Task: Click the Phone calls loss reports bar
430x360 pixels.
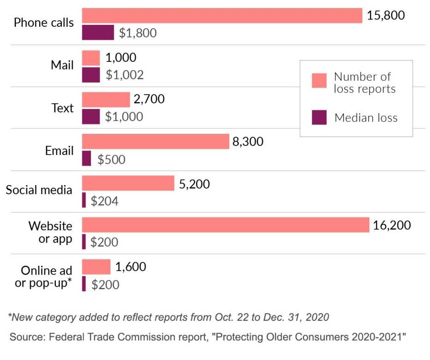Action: pos(222,15)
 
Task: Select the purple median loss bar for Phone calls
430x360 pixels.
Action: pos(98,33)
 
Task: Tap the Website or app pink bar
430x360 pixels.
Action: pos(226,225)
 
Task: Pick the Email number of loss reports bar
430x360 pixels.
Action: pos(155,141)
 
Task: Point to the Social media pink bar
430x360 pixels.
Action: pos(128,183)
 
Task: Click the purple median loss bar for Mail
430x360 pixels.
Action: pos(91,75)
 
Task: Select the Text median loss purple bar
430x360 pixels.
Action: pos(91,116)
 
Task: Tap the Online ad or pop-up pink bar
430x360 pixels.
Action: pos(96,267)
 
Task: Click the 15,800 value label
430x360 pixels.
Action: pos(386,15)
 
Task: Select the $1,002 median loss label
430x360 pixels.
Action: pos(125,75)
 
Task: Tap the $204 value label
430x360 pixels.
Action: pos(105,201)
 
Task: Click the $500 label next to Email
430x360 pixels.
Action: pos(111,159)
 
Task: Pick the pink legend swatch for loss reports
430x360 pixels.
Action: pos(319,80)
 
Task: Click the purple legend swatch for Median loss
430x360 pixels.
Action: pos(319,117)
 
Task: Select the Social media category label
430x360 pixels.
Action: pos(39,190)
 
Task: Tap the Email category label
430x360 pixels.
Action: pos(59,150)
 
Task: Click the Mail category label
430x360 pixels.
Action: pos(62,65)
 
